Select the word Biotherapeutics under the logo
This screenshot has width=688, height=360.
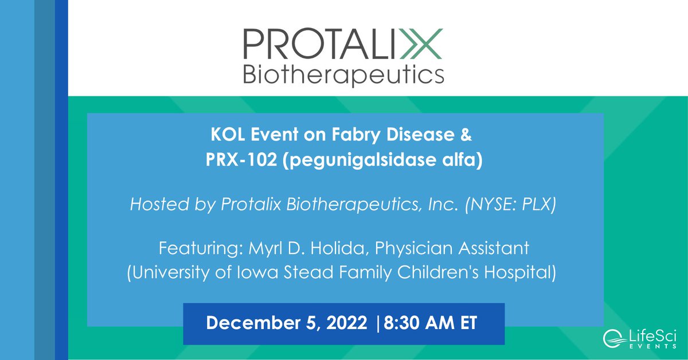[343, 74]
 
